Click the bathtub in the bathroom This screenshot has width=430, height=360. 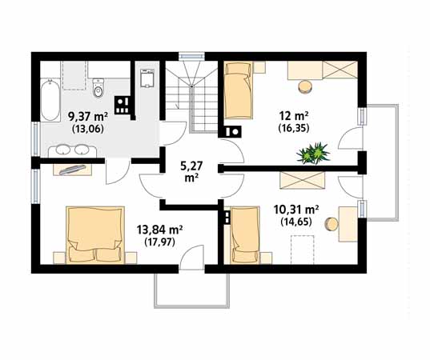coord(50,100)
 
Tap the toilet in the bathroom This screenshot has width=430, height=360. coord(98,88)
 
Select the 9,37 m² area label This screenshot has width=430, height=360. coord(88,117)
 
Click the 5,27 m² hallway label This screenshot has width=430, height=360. coord(191,172)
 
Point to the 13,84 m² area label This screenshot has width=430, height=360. coord(160,230)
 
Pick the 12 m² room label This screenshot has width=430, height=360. coord(294,116)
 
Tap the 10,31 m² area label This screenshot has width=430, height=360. coord(296,210)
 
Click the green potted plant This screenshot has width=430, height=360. coord(313,153)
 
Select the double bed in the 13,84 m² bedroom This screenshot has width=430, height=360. coord(95,235)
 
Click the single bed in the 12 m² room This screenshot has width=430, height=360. coord(239,90)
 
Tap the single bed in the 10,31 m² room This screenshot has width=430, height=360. coord(245,235)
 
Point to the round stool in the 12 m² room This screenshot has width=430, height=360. coord(306,87)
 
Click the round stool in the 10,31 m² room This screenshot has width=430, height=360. coord(332,225)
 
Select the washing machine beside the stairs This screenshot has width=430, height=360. coord(147,78)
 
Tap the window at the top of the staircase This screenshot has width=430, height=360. coord(191,56)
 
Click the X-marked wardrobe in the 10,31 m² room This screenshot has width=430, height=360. coord(302,180)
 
